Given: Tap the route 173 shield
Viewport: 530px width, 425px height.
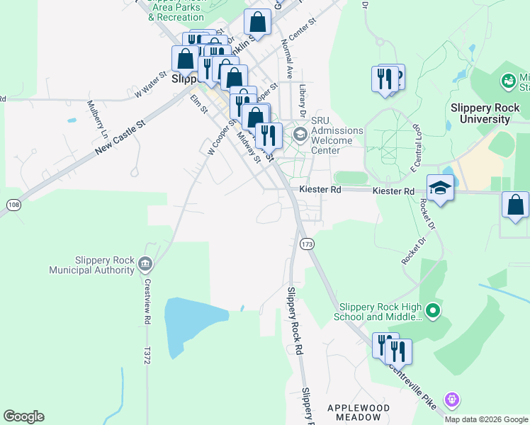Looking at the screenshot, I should (x=307, y=244).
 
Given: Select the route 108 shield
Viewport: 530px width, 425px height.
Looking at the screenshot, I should (x=13, y=205).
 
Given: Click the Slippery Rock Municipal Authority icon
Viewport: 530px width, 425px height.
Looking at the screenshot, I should (x=145, y=264).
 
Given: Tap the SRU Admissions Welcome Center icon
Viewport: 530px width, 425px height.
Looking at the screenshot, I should (x=300, y=134).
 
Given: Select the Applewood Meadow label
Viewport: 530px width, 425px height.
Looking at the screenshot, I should (x=359, y=412).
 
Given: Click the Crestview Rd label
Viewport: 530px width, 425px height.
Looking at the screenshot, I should (x=148, y=300).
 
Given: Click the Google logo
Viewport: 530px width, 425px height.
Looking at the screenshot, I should (x=23, y=416).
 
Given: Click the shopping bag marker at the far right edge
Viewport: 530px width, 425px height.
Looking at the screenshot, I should (x=515, y=205).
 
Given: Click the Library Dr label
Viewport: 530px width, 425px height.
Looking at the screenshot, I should (x=303, y=101).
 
